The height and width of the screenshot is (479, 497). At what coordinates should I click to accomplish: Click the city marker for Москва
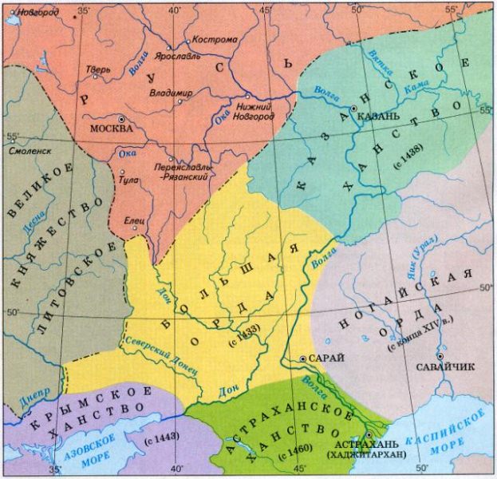pyautogui.click(x=120, y=119)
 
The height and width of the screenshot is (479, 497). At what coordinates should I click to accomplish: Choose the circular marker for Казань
pyautogui.click(x=353, y=108)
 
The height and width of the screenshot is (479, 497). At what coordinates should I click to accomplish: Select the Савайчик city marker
pyautogui.click(x=440, y=356)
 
